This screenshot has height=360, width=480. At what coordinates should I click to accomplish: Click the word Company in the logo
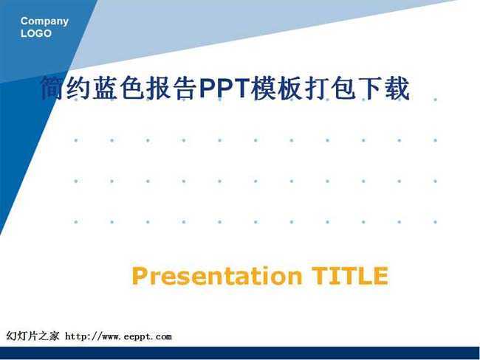point(44,21)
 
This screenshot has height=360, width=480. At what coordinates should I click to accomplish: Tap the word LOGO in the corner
point(36,33)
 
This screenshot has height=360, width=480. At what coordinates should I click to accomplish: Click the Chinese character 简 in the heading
point(52,88)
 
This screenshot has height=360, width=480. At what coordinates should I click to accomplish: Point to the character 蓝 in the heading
point(106,88)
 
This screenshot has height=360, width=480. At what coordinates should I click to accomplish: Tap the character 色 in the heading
point(132,88)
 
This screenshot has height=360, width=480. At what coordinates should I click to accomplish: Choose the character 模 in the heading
point(264,88)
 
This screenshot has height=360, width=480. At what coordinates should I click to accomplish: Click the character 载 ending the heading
point(397,88)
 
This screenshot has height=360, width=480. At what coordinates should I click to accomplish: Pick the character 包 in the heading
point(344,88)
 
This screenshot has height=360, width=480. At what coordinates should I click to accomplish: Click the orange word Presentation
point(217,276)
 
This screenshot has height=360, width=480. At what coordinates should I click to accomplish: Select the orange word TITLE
point(350,276)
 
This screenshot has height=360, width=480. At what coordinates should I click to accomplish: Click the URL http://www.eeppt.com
point(118,336)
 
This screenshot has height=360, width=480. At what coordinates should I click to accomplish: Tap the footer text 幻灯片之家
point(32,336)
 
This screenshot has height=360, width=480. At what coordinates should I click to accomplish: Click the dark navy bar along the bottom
point(240,353)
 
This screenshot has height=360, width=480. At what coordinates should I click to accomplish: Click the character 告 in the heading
point(185,88)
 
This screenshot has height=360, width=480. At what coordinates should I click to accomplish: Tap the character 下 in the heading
point(371,88)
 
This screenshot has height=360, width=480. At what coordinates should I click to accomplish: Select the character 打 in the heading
point(318,88)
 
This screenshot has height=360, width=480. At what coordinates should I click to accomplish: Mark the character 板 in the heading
point(291,88)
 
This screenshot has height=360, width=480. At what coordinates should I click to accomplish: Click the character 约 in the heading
point(79,88)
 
